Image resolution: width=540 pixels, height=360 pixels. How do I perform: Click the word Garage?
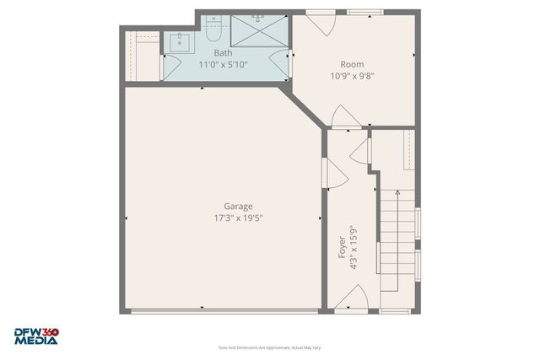point(237,207)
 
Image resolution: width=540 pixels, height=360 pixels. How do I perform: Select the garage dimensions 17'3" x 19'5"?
point(237,218)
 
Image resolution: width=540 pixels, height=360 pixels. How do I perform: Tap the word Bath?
point(223,53)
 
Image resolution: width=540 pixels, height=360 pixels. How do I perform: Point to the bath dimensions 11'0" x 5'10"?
point(223,64)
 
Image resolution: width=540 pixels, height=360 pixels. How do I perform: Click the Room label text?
point(352,64)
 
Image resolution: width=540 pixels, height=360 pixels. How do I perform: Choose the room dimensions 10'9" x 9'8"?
point(352,75)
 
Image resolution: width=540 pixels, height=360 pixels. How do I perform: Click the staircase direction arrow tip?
point(397,192)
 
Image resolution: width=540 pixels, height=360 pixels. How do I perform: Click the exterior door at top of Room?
point(321,20)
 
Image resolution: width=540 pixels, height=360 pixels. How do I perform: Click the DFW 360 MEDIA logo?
point(36,336)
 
